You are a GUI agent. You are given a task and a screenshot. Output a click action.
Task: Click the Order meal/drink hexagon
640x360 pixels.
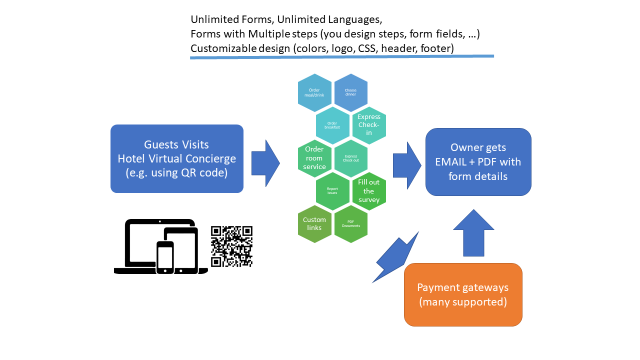[314, 92]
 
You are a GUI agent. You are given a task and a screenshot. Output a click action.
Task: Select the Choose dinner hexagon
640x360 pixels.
[350, 92]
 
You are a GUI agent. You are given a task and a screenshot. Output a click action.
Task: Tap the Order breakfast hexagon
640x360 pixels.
[332, 125]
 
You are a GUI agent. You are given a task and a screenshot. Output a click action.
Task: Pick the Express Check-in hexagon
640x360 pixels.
[369, 125]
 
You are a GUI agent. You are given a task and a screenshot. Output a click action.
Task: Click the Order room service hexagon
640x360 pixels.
[314, 158]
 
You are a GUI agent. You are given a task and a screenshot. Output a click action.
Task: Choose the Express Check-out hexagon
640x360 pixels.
[350, 158]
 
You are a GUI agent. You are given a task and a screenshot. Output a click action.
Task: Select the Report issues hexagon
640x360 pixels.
[332, 191]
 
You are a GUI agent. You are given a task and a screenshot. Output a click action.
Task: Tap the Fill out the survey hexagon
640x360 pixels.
[369, 191]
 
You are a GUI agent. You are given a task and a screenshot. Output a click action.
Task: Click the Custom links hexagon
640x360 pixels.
[314, 224]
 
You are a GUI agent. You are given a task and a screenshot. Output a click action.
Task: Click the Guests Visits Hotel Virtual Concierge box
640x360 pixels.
[177, 158]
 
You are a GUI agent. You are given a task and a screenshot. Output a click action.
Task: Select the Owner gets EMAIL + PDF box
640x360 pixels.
[478, 161]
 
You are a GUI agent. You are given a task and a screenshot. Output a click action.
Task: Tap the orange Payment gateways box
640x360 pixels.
[463, 294]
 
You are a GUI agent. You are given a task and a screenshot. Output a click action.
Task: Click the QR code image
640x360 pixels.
[231, 246]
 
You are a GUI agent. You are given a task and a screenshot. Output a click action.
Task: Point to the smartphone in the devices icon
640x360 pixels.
[165, 257]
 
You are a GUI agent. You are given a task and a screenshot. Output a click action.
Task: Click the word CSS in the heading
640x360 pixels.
[368, 48]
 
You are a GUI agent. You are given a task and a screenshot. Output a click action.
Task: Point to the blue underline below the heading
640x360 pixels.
[342, 57]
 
